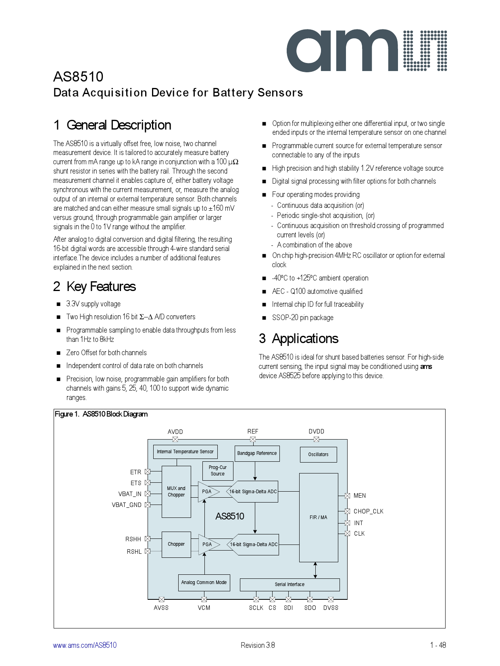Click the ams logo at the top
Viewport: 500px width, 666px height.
tap(366, 51)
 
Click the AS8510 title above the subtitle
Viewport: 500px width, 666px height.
tap(78, 77)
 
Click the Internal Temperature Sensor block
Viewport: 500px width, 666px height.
tap(185, 452)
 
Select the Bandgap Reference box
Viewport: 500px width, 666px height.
tap(257, 453)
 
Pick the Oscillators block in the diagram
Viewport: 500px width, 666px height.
tap(318, 454)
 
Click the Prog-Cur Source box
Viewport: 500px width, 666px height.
tap(218, 471)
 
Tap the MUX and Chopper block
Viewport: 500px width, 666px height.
tap(176, 492)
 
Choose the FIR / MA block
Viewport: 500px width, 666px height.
tap(318, 517)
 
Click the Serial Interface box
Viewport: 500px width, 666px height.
tap(290, 584)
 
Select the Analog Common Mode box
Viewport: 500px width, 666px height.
tap(204, 582)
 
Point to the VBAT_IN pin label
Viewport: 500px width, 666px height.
tap(129, 494)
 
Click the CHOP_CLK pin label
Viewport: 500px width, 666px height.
tap(368, 511)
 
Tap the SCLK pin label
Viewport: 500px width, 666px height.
tap(256, 608)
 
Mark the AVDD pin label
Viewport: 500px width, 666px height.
tap(175, 432)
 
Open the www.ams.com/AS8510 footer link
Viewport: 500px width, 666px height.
tap(85, 645)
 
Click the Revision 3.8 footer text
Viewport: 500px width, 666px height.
tap(258, 645)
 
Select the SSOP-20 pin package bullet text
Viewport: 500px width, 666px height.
tap(302, 318)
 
